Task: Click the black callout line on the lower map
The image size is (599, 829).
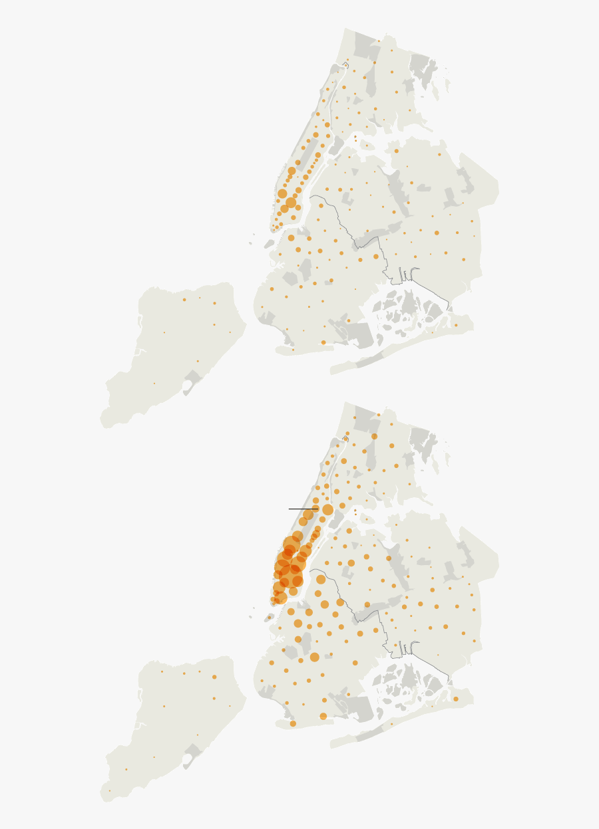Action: [301, 509]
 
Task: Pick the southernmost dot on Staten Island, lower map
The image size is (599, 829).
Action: [110, 791]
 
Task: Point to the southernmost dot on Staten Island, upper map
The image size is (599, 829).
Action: [154, 384]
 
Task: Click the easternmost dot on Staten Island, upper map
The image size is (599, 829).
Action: [230, 332]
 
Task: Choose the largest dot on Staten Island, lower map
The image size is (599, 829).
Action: [214, 677]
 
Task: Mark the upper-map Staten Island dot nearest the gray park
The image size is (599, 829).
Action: [198, 362]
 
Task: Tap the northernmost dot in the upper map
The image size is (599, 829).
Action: [379, 41]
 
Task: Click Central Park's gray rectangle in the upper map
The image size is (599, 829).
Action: [308, 152]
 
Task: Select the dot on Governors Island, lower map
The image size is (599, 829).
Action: [269, 618]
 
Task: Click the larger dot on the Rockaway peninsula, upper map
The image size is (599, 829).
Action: [456, 326]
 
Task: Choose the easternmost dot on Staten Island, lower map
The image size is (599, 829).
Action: [230, 706]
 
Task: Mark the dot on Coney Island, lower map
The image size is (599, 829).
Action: [293, 723]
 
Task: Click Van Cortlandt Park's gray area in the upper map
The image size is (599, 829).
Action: [367, 44]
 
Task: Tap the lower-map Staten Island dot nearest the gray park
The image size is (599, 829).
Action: [198, 735]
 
